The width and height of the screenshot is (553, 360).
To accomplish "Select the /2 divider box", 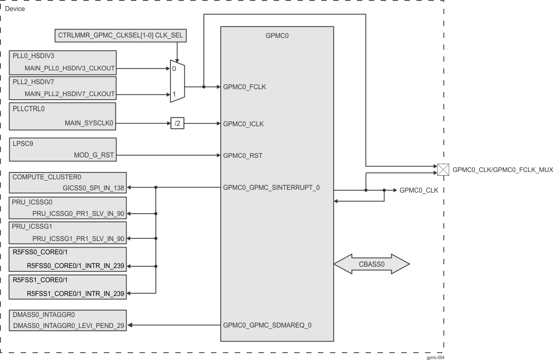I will (x=177, y=124).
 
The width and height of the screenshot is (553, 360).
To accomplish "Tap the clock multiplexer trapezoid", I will (x=177, y=80).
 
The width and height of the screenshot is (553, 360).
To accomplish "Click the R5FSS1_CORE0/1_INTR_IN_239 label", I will (x=75, y=293).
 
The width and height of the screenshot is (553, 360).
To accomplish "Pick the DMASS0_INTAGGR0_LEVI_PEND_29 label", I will (x=68, y=325).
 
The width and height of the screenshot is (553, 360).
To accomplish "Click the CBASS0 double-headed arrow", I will (x=371, y=264).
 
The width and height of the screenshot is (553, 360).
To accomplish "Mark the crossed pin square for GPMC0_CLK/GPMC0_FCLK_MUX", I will (x=443, y=170).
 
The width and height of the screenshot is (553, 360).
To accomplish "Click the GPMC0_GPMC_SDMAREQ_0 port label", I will (x=267, y=325).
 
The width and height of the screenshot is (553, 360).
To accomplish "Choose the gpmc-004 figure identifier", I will (x=435, y=357).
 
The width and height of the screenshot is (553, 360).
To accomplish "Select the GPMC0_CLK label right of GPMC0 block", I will (x=419, y=190).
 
